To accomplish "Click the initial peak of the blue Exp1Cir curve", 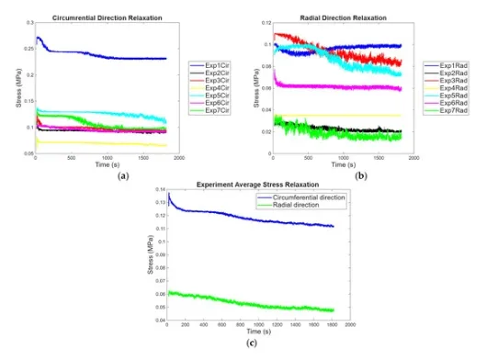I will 37,39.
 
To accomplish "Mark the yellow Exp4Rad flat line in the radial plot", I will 349,116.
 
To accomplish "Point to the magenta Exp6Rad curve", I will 349,87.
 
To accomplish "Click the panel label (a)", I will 109,172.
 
